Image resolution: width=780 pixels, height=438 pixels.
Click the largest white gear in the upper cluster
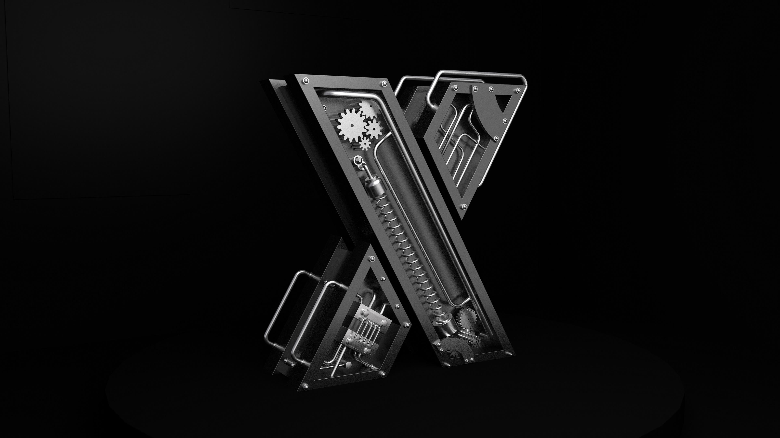click(351, 125)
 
